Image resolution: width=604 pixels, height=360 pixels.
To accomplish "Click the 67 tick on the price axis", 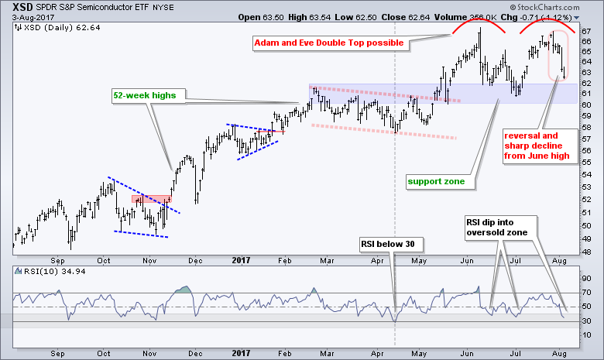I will point(587,30).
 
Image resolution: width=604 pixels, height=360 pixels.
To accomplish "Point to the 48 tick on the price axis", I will point(587,252).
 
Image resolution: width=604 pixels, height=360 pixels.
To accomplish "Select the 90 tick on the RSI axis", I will point(587,278).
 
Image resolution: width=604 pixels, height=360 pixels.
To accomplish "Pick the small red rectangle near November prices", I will point(146,198).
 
